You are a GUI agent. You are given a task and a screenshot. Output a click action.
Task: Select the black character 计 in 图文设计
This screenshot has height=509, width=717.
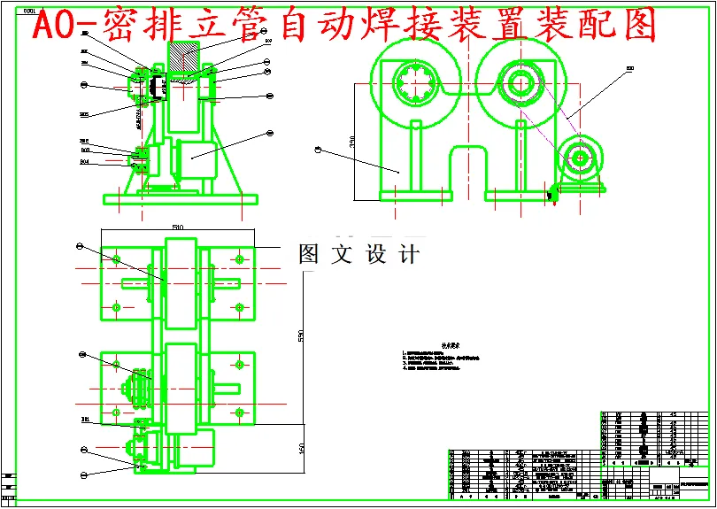tap(408, 255)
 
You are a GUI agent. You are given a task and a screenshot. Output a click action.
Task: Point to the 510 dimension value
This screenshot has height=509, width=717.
tap(177, 228)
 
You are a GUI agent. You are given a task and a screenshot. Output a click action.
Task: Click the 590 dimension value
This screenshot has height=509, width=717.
tap(299, 336)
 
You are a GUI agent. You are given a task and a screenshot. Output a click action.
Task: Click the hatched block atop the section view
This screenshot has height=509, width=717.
tap(183, 62)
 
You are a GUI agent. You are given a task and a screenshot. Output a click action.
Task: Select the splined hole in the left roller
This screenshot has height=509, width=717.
tap(416, 85)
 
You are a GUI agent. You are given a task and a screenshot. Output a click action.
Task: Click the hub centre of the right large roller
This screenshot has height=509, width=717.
tap(519, 85)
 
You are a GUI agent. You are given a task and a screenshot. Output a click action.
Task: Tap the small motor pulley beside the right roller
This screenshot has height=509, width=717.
tap(581, 158)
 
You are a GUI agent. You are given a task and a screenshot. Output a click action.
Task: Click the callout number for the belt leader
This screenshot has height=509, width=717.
tap(629, 68)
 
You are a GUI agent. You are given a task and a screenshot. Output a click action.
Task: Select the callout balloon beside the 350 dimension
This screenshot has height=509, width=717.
tap(316, 149)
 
